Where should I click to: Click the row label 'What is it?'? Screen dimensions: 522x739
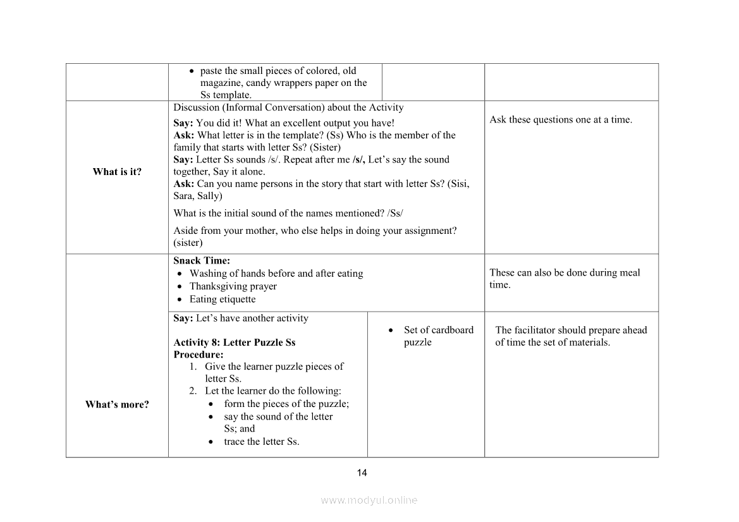tap(117, 172)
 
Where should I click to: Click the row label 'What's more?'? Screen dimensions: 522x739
tap(117, 404)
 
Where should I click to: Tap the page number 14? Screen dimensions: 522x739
tap(362, 473)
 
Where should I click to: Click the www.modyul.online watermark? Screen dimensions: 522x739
tap(369, 500)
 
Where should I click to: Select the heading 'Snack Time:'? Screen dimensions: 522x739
tap(202, 260)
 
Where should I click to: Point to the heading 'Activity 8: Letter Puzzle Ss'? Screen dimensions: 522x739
tap(235, 343)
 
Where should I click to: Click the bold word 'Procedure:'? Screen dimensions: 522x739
tap(198, 355)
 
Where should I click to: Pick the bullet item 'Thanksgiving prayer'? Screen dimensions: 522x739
tap(233, 286)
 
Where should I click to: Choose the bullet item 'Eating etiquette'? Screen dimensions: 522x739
tap(223, 300)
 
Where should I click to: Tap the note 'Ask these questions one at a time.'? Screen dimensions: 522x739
tap(561, 119)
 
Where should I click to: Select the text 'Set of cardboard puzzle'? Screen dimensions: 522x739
tap(438, 336)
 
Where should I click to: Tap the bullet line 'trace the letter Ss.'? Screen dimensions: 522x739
tap(261, 442)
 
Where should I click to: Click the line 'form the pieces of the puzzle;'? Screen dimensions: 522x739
tap(286, 404)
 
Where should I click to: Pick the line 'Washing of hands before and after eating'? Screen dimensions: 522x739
tap(276, 274)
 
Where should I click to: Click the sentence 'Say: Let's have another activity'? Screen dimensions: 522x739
tap(241, 318)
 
